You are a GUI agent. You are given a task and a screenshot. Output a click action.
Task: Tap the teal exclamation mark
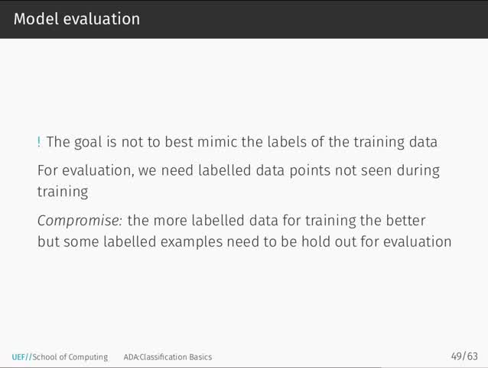39,142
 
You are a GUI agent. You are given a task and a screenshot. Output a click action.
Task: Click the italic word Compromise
80,221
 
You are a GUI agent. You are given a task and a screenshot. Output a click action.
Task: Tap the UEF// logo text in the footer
21,357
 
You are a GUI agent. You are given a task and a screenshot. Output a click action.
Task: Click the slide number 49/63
464,357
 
